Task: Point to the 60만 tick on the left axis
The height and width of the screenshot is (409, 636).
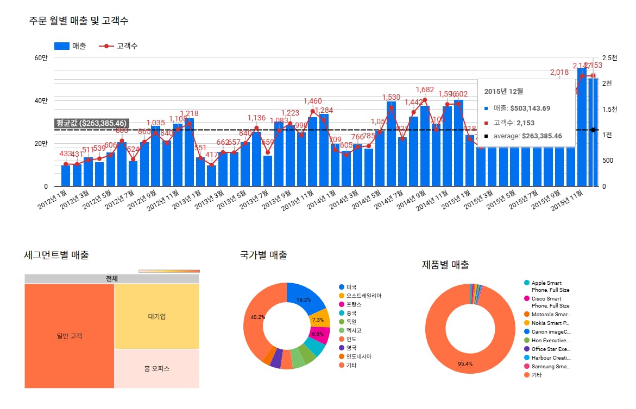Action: click(x=41, y=58)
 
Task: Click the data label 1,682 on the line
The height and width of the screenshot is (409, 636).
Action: click(x=425, y=90)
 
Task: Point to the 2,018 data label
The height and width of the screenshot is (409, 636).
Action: click(x=559, y=72)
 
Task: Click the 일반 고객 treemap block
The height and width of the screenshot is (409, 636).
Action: click(x=70, y=336)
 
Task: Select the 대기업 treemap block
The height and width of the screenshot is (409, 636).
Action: click(x=156, y=316)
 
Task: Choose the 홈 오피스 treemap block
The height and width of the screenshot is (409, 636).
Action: click(x=156, y=369)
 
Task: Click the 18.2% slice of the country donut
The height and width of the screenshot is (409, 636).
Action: click(x=304, y=299)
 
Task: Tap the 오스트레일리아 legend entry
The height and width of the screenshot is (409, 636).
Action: click(x=364, y=296)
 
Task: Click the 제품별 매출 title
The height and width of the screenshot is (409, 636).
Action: click(x=445, y=265)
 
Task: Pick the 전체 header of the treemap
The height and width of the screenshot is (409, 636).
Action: click(x=112, y=279)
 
